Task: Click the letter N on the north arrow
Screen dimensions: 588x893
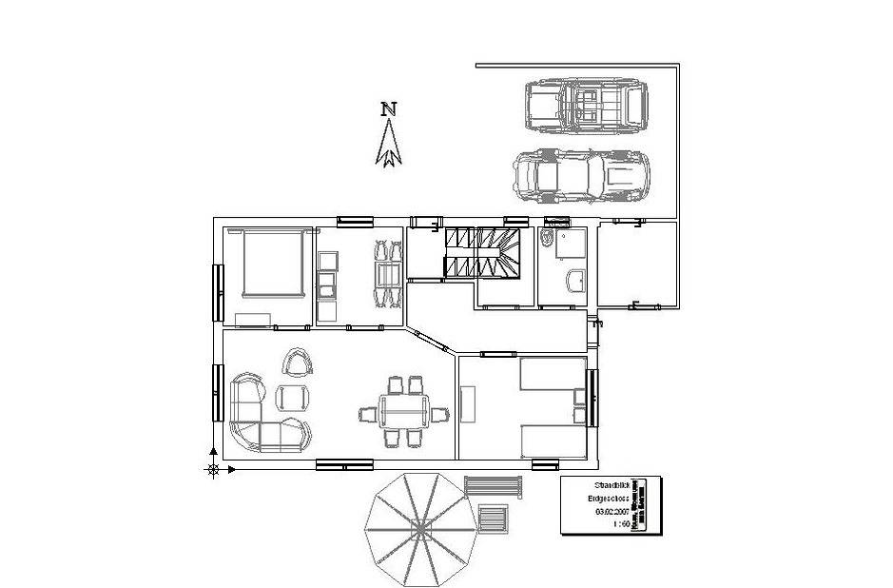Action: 388,108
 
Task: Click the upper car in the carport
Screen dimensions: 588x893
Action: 585,104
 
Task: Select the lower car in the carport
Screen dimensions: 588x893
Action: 581,176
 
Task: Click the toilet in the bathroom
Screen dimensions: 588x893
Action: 548,239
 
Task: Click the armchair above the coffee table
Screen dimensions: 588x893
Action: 298,362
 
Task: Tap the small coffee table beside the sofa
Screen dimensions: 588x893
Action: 292,395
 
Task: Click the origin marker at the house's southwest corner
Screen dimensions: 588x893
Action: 214,468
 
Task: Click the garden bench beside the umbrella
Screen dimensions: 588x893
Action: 494,486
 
